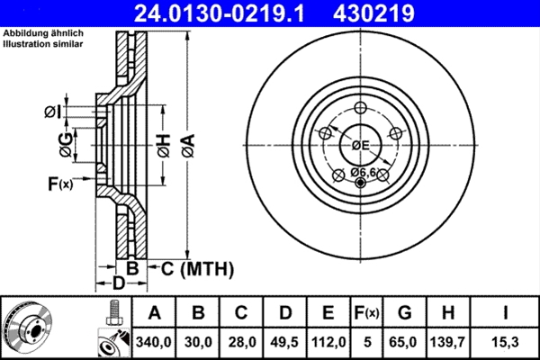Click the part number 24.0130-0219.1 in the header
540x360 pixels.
click(219, 13)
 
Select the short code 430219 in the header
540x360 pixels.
click(373, 13)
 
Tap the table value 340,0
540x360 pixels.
click(154, 342)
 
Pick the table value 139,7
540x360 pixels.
click(447, 342)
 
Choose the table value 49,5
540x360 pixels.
click(284, 342)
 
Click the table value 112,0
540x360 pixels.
click(328, 342)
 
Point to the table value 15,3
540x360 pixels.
click(505, 342)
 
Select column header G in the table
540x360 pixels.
click(405, 312)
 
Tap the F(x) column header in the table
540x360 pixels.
click(367, 313)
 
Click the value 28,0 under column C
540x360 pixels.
click(242, 342)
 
